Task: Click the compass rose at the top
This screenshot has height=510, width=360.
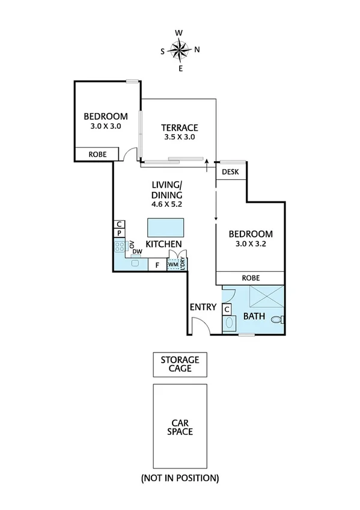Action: [180, 50]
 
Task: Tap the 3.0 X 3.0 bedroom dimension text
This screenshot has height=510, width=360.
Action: [105, 127]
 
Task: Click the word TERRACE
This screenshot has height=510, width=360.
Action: [180, 127]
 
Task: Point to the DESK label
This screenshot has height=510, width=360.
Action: [230, 172]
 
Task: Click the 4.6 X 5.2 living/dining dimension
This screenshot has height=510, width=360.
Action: [166, 204]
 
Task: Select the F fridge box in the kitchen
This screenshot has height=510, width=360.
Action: [157, 264]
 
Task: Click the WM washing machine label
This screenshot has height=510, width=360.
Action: [173, 264]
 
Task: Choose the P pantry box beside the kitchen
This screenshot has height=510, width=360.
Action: [119, 233]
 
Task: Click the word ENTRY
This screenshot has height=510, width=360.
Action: [203, 307]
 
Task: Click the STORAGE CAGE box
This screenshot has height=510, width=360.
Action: [180, 364]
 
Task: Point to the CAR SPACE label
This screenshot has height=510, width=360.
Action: [180, 427]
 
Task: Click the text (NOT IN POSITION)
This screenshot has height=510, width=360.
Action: [180, 479]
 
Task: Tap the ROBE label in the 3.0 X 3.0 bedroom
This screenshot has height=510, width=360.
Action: [97, 155]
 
